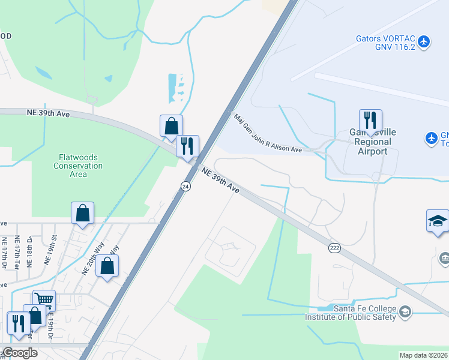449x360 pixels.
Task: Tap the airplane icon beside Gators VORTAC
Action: tap(424, 41)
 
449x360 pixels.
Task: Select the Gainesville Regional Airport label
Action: tap(370, 142)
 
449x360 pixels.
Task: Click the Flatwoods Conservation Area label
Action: tap(78, 165)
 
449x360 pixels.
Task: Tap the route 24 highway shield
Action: tap(185, 186)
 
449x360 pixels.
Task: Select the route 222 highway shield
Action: tap(335, 247)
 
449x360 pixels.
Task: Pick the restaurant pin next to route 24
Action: tap(187, 145)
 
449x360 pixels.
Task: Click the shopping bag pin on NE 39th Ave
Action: tap(171, 125)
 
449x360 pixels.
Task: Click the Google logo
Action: tap(20, 352)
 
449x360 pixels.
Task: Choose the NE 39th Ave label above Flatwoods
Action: tap(44, 112)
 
